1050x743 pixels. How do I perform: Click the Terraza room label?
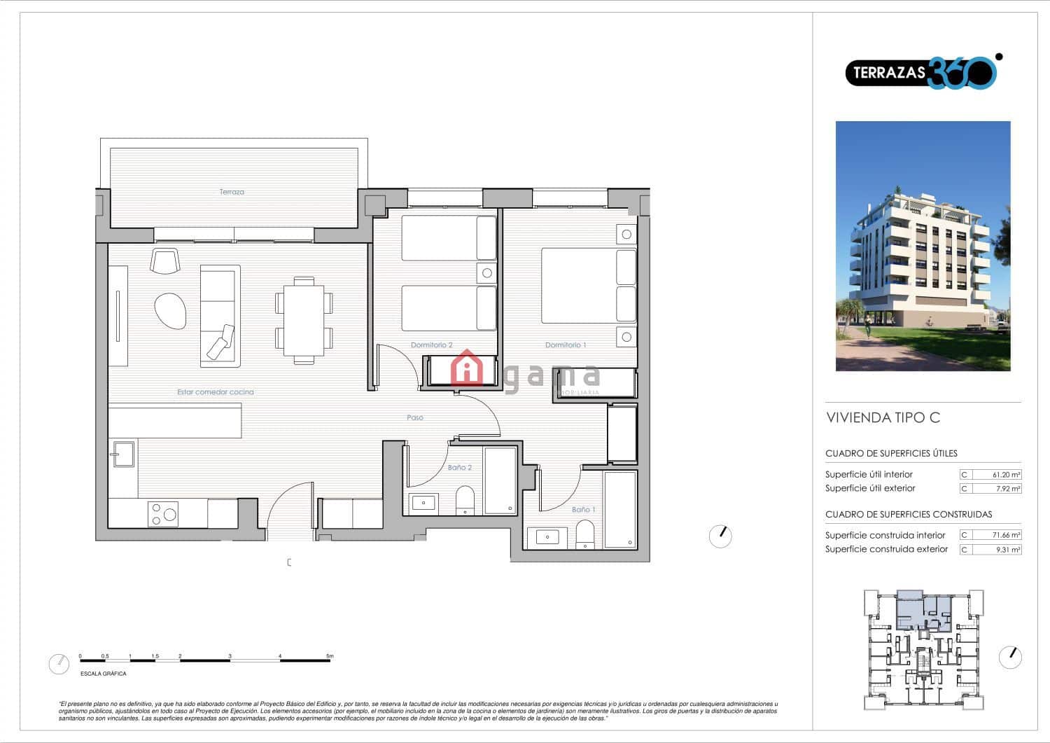(x=232, y=192)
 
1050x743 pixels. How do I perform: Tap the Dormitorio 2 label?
(x=431, y=345)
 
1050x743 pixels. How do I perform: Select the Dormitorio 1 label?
(x=566, y=345)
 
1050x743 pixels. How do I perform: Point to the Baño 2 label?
(x=460, y=468)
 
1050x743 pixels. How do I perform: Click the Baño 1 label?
(x=583, y=510)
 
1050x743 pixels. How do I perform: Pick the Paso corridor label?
(x=415, y=418)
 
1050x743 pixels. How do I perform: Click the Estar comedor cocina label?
(x=216, y=392)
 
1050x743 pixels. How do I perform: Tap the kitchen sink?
(x=123, y=453)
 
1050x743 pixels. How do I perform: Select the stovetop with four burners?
(x=162, y=514)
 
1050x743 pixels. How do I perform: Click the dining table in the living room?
(x=304, y=321)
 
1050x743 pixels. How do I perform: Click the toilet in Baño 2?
(x=465, y=500)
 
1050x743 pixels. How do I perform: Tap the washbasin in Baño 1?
(x=547, y=537)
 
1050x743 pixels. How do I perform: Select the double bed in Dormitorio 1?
(x=588, y=286)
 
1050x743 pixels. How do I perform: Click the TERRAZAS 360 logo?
(x=921, y=72)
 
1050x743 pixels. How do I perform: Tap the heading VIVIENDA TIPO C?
(x=883, y=418)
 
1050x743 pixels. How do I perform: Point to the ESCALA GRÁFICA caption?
(x=104, y=674)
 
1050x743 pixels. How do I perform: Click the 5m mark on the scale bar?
(x=330, y=657)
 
